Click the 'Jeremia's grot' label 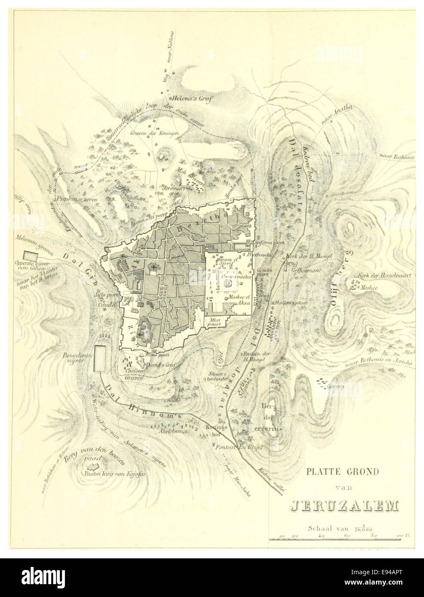(x=172, y=190)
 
